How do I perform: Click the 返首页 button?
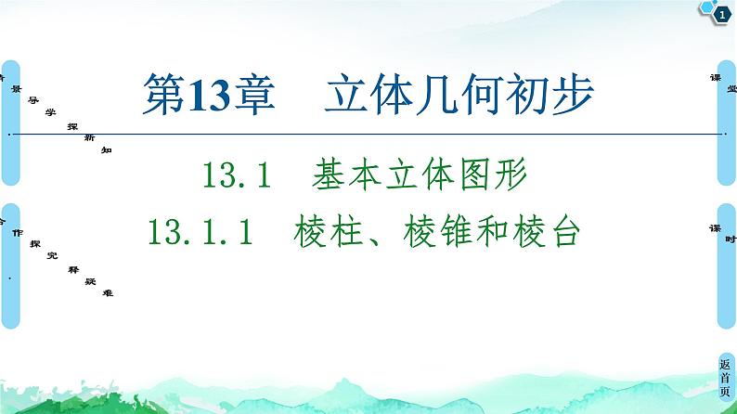click(x=725, y=380)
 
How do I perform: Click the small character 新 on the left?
click(x=89, y=136)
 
